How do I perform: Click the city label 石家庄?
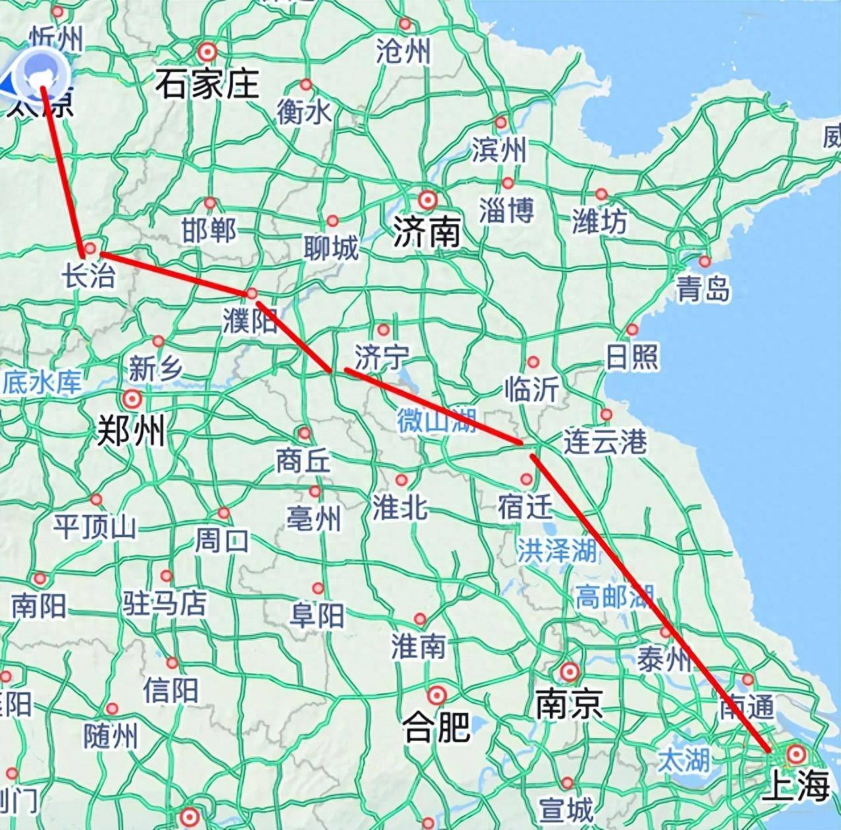click(207, 85)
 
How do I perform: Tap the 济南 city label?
click(426, 232)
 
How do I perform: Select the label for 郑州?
click(131, 432)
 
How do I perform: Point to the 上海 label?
click(795, 786)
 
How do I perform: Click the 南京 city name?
click(569, 704)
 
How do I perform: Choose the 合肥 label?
click(436, 727)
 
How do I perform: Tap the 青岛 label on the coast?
click(702, 289)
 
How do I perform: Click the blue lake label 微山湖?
click(436, 420)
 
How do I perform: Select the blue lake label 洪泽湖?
click(556, 550)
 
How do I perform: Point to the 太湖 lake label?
click(683, 760)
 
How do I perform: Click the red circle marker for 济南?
click(428, 199)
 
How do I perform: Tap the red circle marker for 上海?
click(797, 753)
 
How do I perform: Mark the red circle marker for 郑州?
click(132, 399)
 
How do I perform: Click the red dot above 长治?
click(90, 248)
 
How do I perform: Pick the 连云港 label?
click(605, 441)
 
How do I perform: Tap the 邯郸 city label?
click(209, 231)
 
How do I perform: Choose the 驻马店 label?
click(164, 603)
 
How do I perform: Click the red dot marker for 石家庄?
click(208, 52)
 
